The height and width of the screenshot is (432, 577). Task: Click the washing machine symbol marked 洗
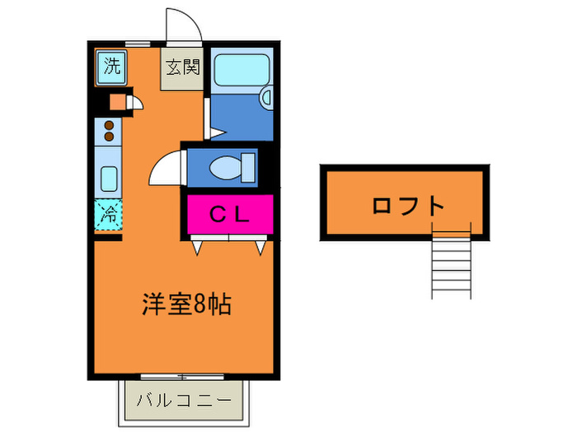(x=110, y=67)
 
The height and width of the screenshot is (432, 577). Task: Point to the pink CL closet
(x=229, y=215)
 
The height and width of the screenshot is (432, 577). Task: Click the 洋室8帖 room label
(x=185, y=305)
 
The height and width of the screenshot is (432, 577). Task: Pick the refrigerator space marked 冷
(x=108, y=216)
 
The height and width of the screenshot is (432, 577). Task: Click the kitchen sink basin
(x=108, y=178)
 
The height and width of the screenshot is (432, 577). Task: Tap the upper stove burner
(x=108, y=126)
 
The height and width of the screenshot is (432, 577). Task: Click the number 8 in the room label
(x=200, y=305)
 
